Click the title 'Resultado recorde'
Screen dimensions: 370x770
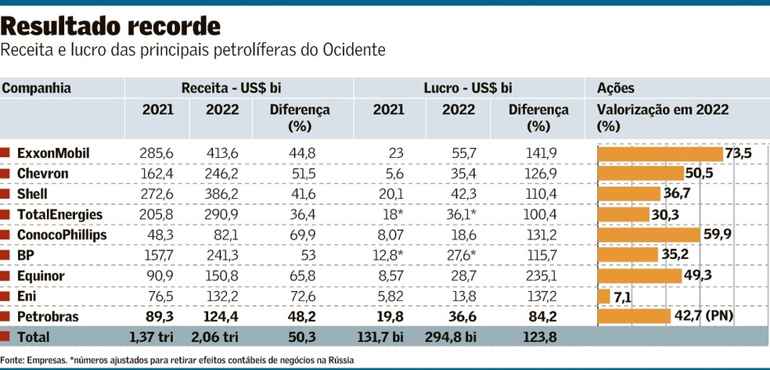(x=110, y=26)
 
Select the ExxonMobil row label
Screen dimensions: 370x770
(x=53, y=153)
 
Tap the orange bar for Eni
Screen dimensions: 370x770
(x=603, y=296)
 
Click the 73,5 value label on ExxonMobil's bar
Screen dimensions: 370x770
(x=738, y=153)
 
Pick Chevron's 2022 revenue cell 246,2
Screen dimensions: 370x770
(x=221, y=174)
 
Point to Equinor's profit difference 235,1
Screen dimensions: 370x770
(x=536, y=275)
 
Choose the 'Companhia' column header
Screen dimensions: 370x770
(x=37, y=88)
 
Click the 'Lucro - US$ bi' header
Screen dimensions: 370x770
(x=468, y=88)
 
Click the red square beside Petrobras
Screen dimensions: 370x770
(x=6, y=316)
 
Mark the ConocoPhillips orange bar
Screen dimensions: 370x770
(x=648, y=235)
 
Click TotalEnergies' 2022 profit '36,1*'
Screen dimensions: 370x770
(x=458, y=214)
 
